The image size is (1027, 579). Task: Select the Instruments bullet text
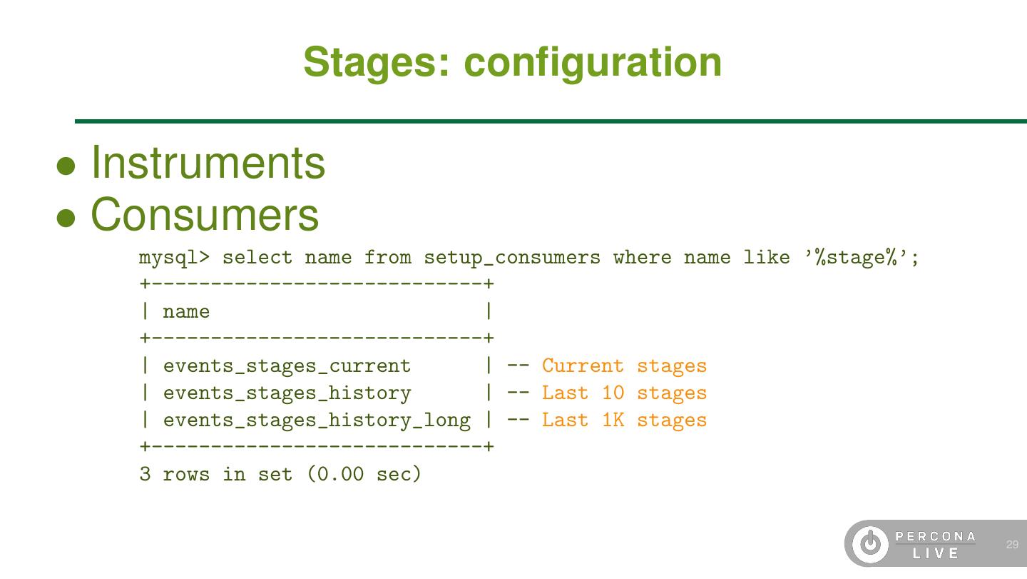point(208,163)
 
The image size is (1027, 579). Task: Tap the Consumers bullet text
point(205,214)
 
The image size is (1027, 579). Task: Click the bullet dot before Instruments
point(66,167)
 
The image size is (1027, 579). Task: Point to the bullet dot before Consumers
point(66,218)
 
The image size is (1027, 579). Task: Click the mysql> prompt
point(174,258)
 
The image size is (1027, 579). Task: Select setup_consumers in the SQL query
point(512,258)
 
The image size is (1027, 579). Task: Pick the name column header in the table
point(186,312)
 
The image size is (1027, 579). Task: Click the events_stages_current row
point(287,366)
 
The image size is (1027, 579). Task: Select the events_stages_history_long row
point(317,421)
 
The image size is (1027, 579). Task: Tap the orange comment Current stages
point(624,366)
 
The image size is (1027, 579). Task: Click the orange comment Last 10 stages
point(624,393)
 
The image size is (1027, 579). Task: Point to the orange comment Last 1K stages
point(624,421)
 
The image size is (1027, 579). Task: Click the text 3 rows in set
point(215,474)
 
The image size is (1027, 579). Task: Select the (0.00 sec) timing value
point(364,474)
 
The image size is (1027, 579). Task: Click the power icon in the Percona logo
point(870,545)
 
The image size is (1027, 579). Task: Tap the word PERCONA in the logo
point(936,536)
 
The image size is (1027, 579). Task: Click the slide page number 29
point(1012,545)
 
